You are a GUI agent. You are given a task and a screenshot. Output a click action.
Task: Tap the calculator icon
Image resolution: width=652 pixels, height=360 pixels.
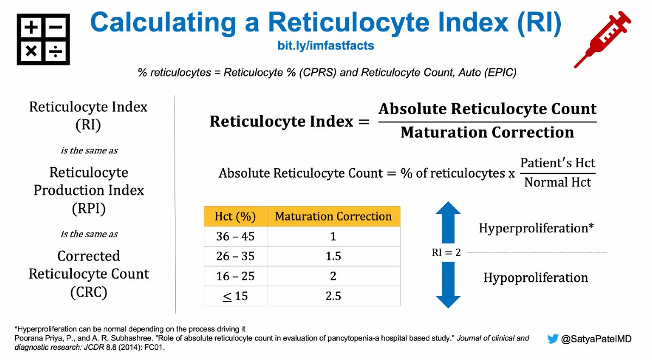tap(43, 40)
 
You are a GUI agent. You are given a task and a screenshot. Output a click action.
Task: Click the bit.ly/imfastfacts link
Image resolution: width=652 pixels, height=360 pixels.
tap(325, 46)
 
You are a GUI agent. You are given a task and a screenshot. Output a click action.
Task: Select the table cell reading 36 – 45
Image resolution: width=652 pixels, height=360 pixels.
tap(235, 236)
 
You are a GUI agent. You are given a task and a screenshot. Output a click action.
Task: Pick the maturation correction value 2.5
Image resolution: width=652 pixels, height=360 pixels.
tap(333, 296)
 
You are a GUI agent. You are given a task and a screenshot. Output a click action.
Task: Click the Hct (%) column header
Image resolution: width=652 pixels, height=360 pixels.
tap(235, 216)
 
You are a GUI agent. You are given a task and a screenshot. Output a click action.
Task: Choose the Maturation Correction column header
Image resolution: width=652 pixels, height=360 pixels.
tap(333, 216)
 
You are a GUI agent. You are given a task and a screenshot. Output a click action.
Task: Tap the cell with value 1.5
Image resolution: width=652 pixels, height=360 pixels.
tap(333, 256)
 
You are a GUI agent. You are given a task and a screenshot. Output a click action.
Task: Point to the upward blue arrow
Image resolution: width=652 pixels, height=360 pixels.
tap(448, 222)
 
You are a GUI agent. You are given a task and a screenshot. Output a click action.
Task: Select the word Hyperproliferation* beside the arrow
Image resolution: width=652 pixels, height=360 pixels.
tap(535, 228)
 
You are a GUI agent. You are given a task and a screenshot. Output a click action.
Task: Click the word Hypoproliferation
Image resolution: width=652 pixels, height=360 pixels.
tap(536, 278)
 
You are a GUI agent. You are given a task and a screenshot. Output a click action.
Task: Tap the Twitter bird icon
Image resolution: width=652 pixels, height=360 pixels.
tap(553, 339)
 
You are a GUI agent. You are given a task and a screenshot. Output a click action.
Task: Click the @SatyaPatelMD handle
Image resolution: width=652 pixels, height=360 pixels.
tap(597, 339)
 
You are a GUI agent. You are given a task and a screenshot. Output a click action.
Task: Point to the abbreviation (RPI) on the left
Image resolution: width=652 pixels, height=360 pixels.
tap(89, 209)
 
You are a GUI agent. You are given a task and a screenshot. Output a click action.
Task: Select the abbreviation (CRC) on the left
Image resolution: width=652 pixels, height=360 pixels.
tap(89, 292)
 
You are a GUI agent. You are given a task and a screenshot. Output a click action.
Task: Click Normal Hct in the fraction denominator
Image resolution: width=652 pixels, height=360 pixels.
tap(557, 182)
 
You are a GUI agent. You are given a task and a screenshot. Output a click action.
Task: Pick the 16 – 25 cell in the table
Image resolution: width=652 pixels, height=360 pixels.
tap(235, 276)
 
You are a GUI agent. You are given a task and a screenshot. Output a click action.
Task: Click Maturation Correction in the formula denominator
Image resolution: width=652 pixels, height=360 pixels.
tap(487, 132)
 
